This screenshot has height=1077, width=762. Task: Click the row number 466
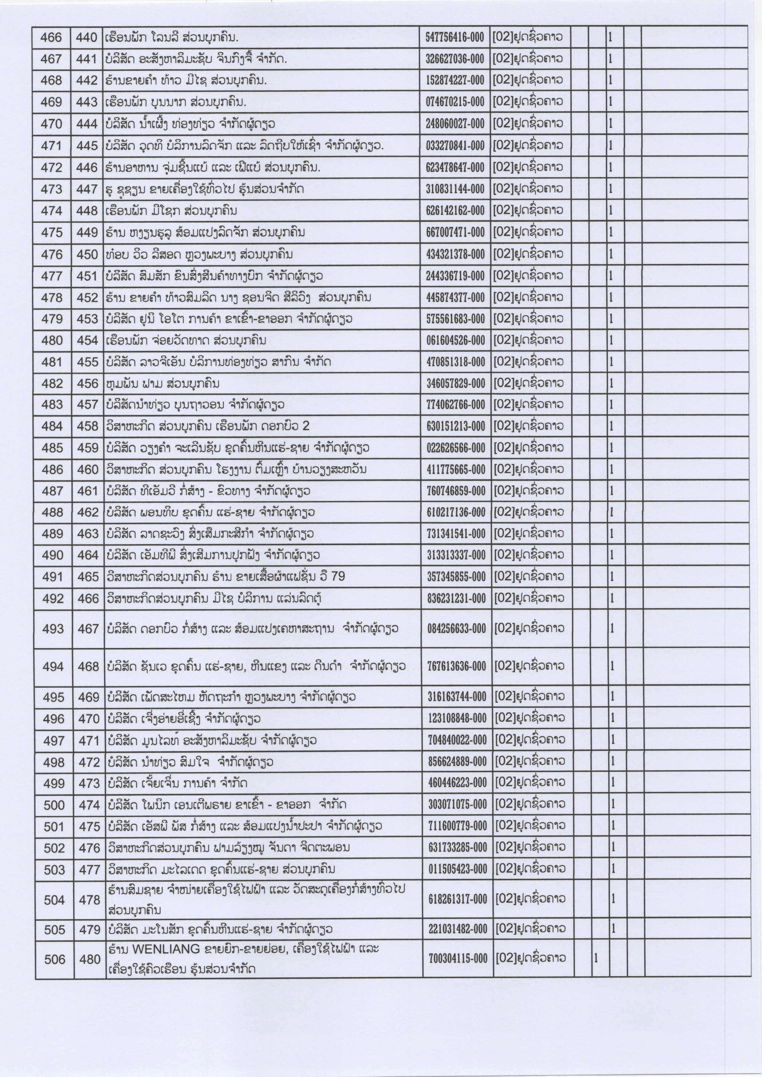(51, 37)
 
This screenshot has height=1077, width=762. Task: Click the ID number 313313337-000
(456, 555)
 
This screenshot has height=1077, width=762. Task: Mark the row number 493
(53, 629)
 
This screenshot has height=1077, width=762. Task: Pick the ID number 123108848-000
(457, 719)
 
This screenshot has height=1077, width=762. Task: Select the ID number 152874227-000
(455, 81)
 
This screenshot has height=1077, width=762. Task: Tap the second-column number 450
(87, 254)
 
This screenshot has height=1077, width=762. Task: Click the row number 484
(52, 426)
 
